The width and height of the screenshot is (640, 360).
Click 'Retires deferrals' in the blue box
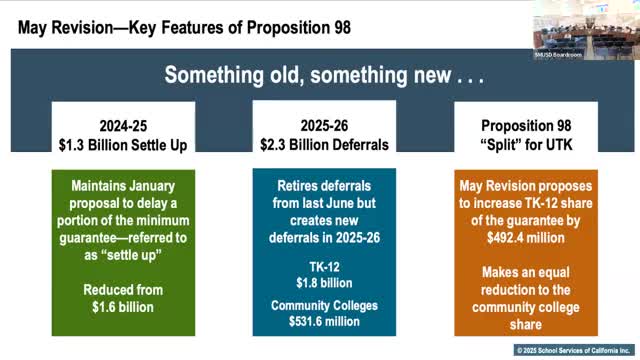coord(322,186)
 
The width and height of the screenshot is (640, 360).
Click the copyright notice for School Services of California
coord(574,350)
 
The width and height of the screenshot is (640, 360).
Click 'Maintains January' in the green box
coord(123,186)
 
